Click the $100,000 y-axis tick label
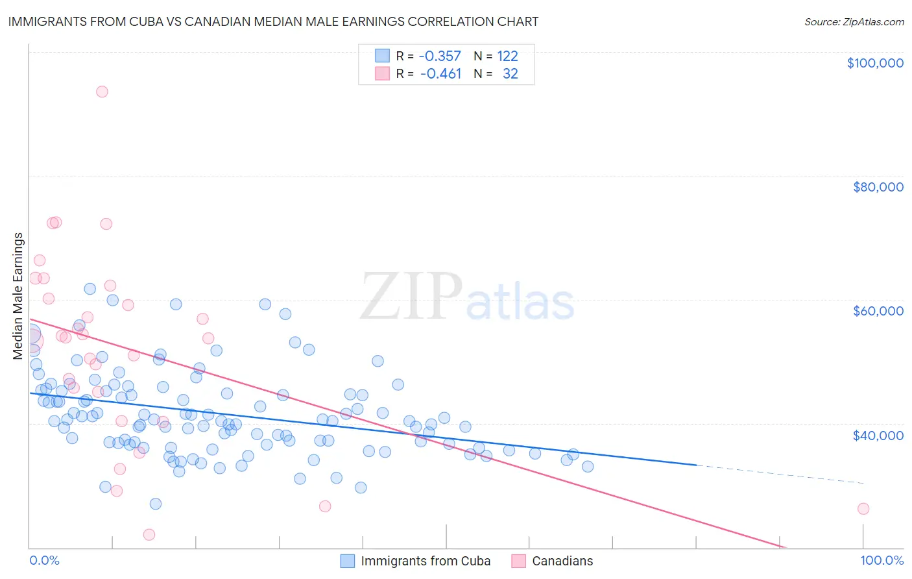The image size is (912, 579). point(875,63)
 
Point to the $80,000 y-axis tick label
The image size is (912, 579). point(878,187)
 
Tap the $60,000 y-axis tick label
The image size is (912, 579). point(878,311)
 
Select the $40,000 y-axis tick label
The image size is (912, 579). point(878,435)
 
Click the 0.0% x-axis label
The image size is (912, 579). point(44,561)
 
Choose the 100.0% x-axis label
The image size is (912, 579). point(882,561)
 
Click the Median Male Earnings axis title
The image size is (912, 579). point(18,296)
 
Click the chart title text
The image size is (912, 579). point(273,21)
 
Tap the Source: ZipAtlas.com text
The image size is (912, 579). point(854,22)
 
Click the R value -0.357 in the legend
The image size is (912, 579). point(440,56)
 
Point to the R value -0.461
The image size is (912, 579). point(440,74)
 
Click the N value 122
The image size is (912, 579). point(507,56)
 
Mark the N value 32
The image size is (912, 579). point(510,74)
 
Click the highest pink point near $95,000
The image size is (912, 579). point(102,92)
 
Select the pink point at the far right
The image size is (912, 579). point(863,509)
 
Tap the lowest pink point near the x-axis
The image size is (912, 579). point(149,535)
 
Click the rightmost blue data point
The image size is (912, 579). point(588,467)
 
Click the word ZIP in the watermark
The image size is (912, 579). point(411,296)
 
